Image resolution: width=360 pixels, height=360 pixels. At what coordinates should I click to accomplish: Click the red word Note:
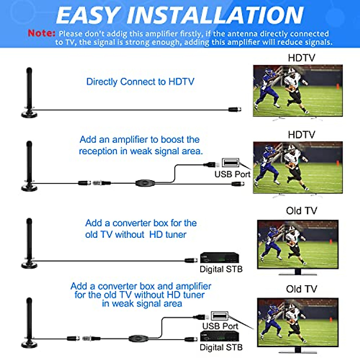[x=41, y=33]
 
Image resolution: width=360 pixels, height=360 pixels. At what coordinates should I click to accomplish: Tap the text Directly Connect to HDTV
[x=140, y=82]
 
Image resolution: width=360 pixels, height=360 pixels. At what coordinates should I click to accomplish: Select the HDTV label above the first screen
[x=301, y=58]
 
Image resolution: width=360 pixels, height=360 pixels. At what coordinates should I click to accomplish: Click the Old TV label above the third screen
[x=301, y=211]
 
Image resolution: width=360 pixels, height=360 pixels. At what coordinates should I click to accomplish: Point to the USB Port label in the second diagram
[x=232, y=174]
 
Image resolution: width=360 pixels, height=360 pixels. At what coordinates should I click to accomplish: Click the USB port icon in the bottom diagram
[x=220, y=316]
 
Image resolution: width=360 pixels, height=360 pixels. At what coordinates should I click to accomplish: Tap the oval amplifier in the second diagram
[x=145, y=183]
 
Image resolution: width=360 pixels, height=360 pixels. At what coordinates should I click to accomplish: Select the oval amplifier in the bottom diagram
[x=138, y=339]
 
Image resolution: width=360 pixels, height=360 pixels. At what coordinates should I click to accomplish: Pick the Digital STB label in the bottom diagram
[x=221, y=347]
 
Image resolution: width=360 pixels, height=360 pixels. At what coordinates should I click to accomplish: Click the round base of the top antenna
[x=29, y=114]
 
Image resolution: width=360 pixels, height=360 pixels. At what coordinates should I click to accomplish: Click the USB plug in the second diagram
[x=211, y=164]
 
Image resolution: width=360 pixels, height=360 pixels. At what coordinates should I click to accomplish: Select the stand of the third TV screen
[x=298, y=272]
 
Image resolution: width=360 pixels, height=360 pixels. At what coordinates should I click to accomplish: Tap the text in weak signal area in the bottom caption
[x=142, y=304]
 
